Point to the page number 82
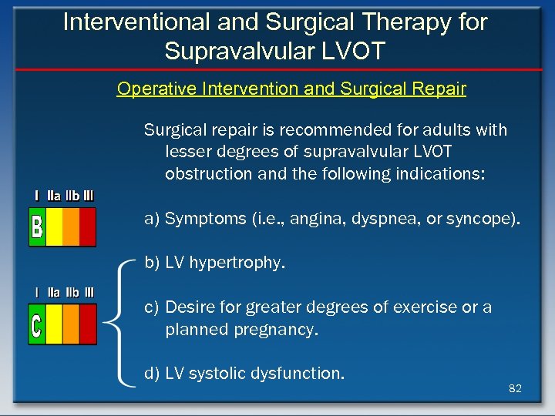515,388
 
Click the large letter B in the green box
36,227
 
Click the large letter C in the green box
36,324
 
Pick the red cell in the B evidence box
88,227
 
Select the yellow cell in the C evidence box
54,324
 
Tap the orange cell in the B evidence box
71,227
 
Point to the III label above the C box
89,293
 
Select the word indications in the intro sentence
440,174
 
